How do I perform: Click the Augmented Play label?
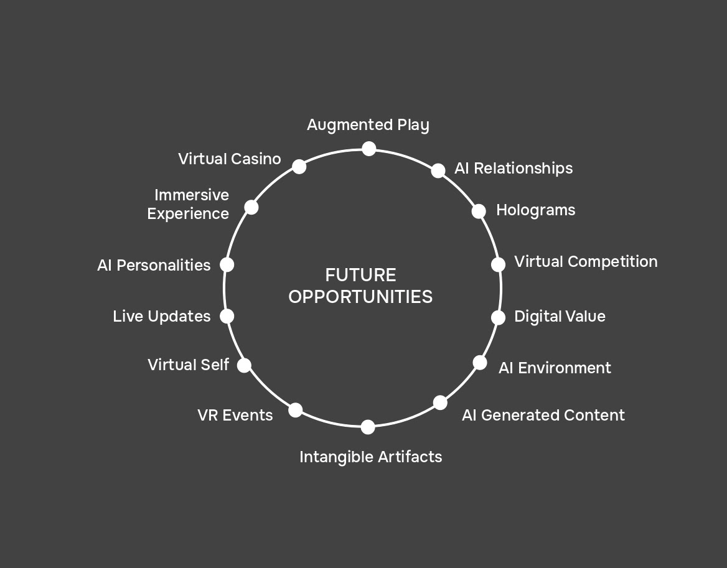368,125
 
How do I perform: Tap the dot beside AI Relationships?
438,170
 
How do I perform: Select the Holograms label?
535,210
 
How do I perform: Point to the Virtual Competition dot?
498,264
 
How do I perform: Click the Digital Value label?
560,317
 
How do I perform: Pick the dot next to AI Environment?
480,363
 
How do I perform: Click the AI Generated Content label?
543,416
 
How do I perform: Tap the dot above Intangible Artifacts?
368,427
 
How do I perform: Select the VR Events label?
235,416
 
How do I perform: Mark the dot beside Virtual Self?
245,365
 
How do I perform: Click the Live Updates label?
162,317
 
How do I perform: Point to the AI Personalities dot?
227,265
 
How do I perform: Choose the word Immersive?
192,195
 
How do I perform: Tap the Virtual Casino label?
229,159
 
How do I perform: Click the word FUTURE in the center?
360,275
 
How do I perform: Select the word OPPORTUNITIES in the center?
360,297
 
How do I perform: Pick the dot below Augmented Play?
369,149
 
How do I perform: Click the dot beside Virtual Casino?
299,167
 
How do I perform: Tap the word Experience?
188,214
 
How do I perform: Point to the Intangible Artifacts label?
370,457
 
